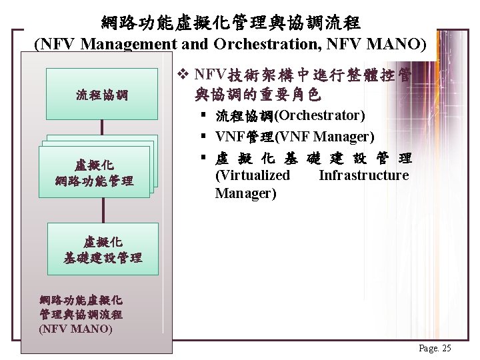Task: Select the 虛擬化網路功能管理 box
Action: coord(96,173)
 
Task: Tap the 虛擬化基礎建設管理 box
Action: coord(103,249)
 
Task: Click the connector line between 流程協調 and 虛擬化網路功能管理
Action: coord(102,129)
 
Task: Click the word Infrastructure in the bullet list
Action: coord(363,175)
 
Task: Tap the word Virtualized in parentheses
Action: coord(253,175)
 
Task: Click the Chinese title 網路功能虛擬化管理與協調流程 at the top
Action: coord(231,23)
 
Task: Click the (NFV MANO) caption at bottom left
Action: coord(75,328)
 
